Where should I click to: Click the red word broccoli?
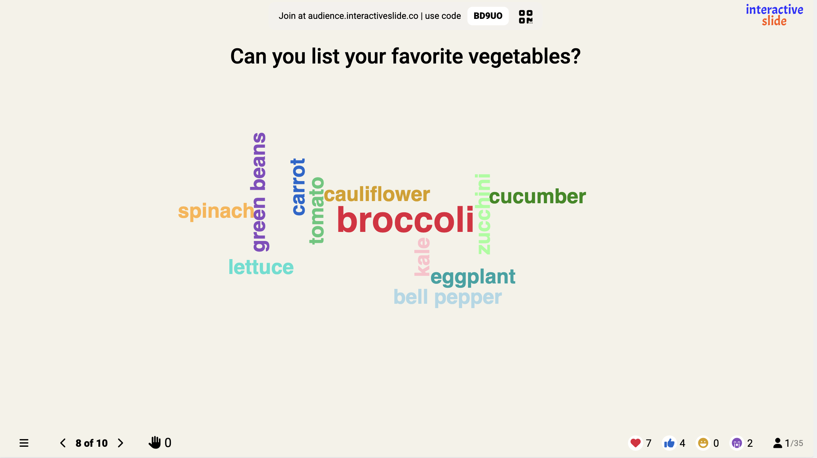[405, 220]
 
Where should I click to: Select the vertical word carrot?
[299, 187]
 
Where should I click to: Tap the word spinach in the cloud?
[216, 211]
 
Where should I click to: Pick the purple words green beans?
[259, 192]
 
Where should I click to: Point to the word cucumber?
[537, 197]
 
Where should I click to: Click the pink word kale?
[422, 257]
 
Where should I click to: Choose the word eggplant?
[473, 277]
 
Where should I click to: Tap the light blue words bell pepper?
[448, 297]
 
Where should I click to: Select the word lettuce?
[261, 267]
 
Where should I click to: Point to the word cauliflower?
[377, 195]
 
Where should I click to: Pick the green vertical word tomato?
[317, 211]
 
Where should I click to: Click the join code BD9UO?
[488, 16]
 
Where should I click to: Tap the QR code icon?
[526, 17]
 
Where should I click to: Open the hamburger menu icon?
[24, 443]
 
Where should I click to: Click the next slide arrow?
[120, 443]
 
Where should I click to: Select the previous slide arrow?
[63, 443]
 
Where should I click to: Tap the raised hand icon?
[155, 443]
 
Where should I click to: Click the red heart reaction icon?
[636, 443]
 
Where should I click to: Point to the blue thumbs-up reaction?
[669, 443]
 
